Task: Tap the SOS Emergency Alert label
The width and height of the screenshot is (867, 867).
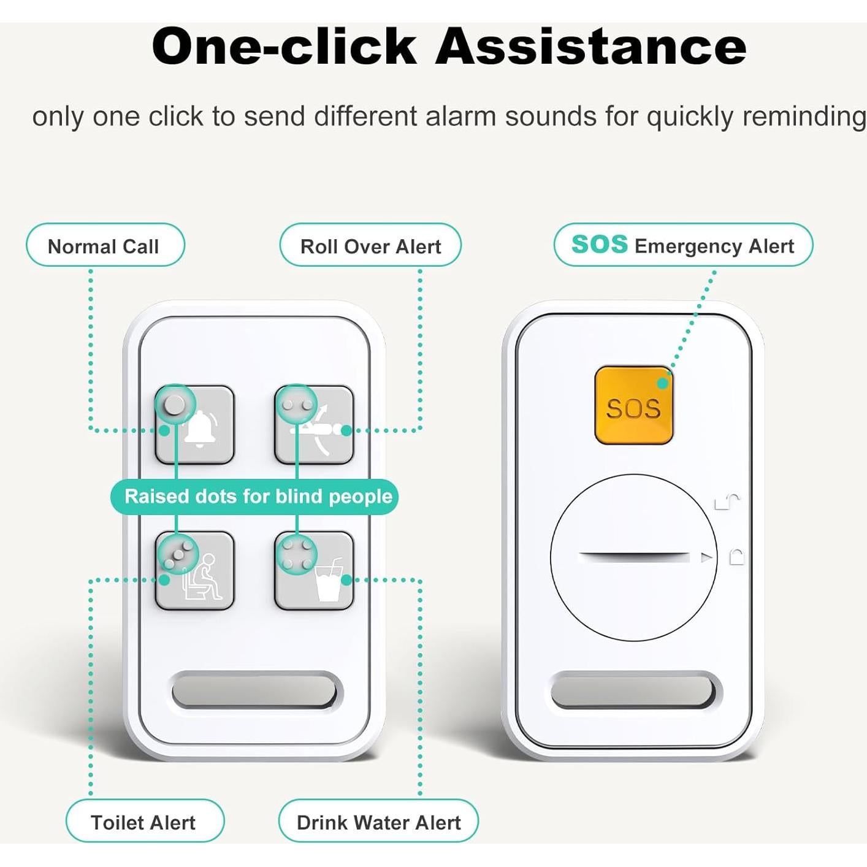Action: [683, 245]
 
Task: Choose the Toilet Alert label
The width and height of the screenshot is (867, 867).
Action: [145, 822]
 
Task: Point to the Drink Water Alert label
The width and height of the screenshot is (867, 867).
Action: [378, 822]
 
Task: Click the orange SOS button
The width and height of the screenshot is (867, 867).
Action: [634, 405]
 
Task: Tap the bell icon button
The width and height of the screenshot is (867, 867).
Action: [194, 425]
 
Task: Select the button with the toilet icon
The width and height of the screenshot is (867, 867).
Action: [194, 571]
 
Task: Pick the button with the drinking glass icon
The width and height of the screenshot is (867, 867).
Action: [314, 571]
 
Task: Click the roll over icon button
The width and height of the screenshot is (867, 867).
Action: [314, 425]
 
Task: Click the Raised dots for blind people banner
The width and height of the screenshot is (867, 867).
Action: [254, 497]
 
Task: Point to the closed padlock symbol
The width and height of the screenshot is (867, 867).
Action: [736, 557]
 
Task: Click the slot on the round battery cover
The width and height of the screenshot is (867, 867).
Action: [633, 557]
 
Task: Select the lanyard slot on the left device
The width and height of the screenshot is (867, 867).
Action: [254, 691]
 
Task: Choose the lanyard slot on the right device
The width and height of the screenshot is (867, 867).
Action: [633, 691]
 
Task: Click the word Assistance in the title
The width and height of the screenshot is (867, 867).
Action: [590, 47]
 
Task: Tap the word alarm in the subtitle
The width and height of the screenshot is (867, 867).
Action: [460, 116]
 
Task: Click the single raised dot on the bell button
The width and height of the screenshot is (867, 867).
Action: [174, 405]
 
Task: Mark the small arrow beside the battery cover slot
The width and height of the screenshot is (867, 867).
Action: [707, 558]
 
